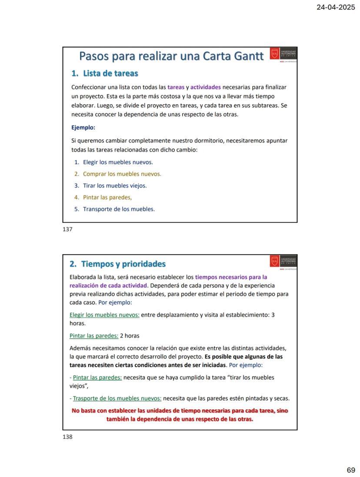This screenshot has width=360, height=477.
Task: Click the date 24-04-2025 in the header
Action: point(336,7)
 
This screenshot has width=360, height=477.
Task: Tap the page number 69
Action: point(351,470)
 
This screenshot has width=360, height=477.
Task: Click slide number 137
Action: point(67,229)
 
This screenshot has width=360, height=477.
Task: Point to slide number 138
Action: point(67,437)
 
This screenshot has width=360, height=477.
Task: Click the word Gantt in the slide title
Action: point(248,56)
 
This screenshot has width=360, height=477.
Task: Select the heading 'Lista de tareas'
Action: point(110,73)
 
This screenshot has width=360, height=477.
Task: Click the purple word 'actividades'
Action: point(205,87)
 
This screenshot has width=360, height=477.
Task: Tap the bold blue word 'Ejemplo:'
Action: point(83,128)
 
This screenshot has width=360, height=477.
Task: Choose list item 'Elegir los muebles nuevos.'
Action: point(118,162)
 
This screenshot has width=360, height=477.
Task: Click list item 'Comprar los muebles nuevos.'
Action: point(122,174)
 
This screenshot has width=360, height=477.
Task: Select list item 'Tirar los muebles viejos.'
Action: point(115,185)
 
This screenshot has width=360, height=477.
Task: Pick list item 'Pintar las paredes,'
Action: point(107,197)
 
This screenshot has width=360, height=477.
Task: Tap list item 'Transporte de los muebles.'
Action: point(119,209)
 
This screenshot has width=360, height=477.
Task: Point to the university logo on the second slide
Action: point(283,262)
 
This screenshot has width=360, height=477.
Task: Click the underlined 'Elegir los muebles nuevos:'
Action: point(104,315)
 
